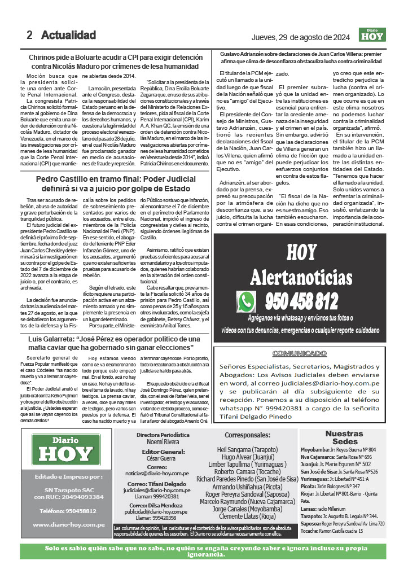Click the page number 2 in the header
click(29, 36)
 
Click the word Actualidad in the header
click(68, 36)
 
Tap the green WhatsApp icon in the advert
click(247, 302)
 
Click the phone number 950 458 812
click(302, 300)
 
